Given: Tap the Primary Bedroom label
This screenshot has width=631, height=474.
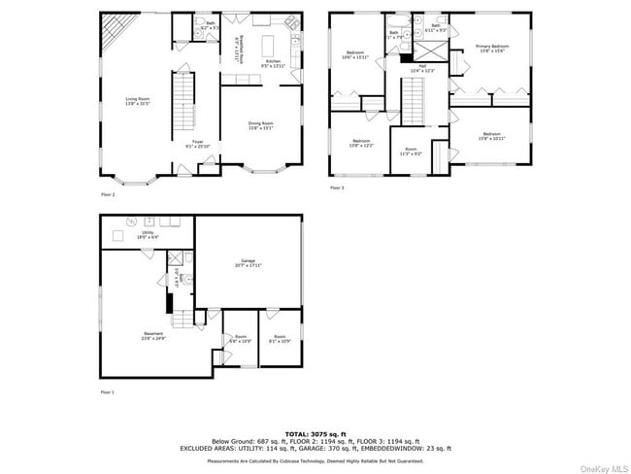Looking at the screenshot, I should click(x=492, y=48).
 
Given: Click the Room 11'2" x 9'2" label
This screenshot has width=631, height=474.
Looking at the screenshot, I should click(x=411, y=152).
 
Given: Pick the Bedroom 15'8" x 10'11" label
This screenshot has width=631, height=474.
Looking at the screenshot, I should click(x=491, y=136).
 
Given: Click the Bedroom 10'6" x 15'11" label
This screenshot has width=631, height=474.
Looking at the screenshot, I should click(x=355, y=54).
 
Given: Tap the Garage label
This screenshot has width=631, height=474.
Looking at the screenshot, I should click(x=249, y=262).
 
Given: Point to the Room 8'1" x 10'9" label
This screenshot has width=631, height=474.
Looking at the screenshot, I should click(x=279, y=339).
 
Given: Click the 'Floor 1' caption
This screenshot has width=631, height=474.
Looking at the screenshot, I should click(x=107, y=391).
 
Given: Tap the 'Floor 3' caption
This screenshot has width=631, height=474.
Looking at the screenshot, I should click(x=337, y=186).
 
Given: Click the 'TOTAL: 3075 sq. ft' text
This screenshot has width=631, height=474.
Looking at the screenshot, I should click(x=315, y=433).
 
